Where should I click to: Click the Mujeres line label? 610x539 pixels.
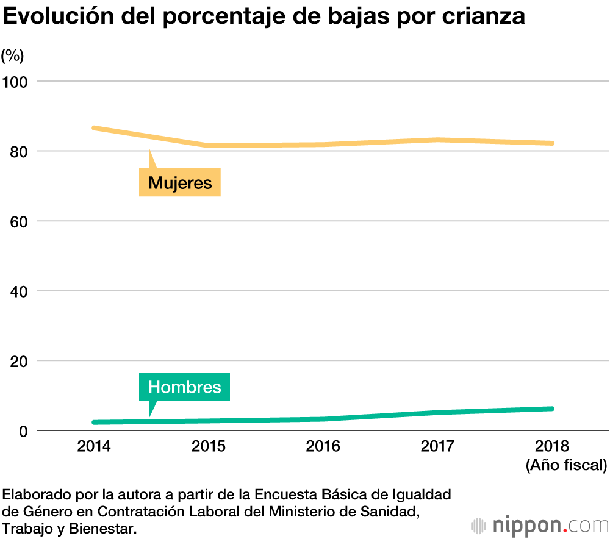pos(180,183)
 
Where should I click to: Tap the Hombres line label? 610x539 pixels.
pos(185,387)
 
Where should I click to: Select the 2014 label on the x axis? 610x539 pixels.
pos(94,446)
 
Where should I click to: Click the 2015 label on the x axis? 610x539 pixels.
pos(209,446)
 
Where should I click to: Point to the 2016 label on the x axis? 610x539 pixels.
pos(323,446)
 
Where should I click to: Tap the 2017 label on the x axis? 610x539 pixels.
pos(437,446)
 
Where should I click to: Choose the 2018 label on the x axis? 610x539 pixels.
pos(552,446)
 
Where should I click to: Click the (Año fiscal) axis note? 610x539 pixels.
pos(566,466)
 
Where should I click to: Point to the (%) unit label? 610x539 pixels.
pos(12,56)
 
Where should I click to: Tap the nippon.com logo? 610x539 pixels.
pos(539,525)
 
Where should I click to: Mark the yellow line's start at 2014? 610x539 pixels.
pos(94,127)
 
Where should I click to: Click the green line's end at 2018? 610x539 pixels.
pos(551,409)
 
